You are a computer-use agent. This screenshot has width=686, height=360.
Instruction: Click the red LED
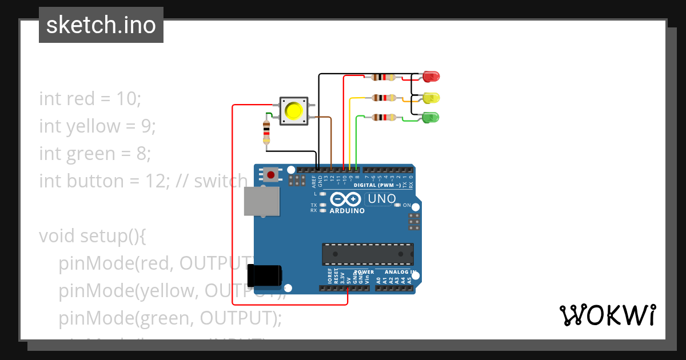click(430, 76)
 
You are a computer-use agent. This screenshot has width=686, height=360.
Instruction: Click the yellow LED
click(430, 97)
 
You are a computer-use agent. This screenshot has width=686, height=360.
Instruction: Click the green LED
click(430, 118)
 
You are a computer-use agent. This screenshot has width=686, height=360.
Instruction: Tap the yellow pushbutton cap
click(293, 110)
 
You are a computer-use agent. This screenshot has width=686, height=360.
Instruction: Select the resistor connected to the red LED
click(383, 77)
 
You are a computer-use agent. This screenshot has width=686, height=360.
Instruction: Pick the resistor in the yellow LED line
click(383, 98)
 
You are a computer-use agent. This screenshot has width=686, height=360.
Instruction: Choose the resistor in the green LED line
click(383, 118)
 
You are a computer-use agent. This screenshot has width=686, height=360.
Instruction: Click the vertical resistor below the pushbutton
click(266, 133)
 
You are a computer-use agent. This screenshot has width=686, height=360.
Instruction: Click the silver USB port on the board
click(262, 202)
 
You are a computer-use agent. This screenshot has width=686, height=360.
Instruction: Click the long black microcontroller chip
click(368, 254)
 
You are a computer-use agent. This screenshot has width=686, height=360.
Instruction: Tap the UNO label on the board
click(381, 199)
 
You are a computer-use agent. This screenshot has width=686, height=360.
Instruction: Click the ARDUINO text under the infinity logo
click(347, 211)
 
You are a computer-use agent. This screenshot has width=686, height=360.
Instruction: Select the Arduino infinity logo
click(345, 199)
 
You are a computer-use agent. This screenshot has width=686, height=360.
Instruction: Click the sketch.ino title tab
click(101, 25)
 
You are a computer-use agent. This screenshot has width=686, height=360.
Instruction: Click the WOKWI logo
click(607, 315)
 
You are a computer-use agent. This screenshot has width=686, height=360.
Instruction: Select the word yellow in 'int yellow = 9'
click(93, 126)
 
